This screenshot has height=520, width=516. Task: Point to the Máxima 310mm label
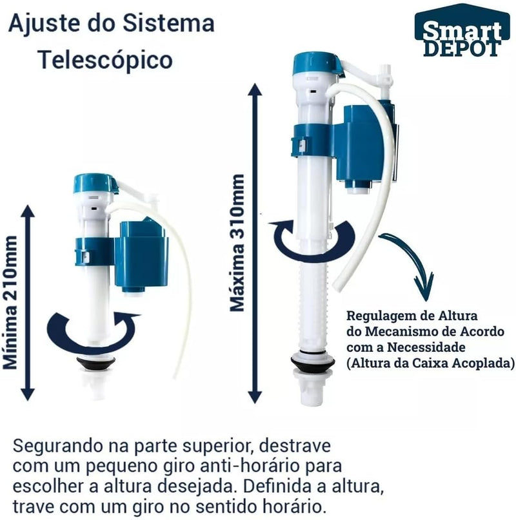pyautogui.click(x=238, y=242)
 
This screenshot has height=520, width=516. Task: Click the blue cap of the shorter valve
pyautogui.click(x=95, y=182)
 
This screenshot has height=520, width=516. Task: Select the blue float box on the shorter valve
pyautogui.click(x=144, y=255)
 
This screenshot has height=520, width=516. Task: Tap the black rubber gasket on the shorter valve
pyautogui.click(x=96, y=364)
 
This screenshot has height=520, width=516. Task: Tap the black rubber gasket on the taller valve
pyautogui.click(x=312, y=363)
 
